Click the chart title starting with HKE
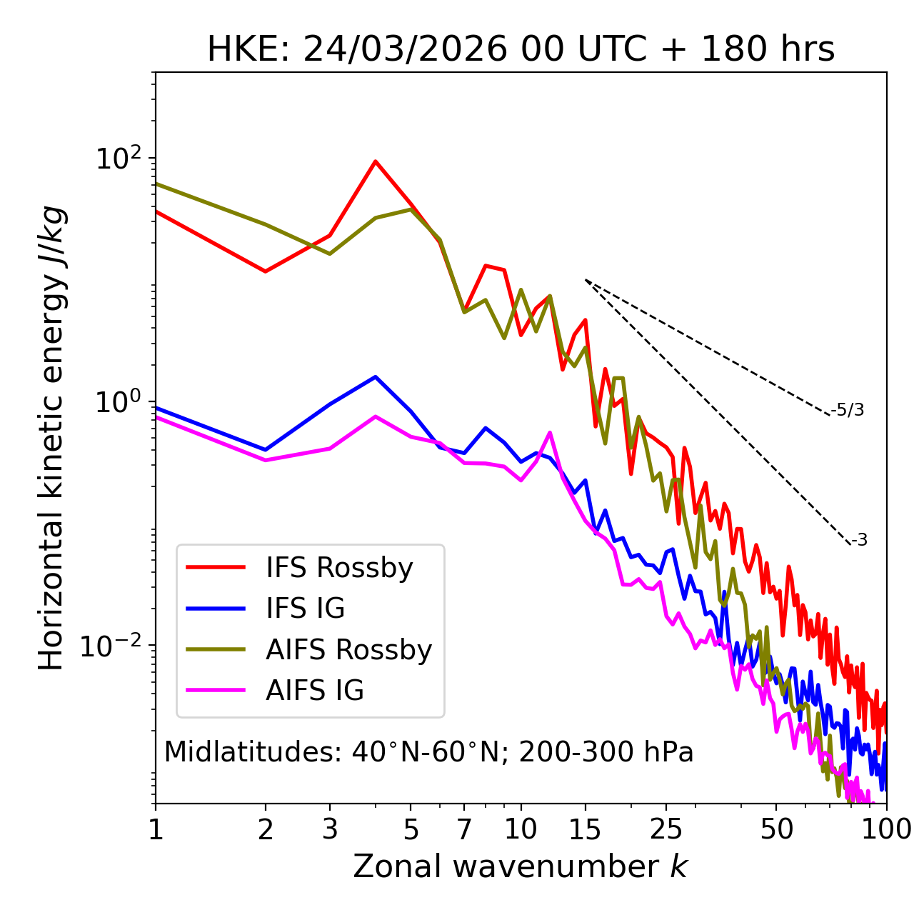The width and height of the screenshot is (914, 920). point(521,50)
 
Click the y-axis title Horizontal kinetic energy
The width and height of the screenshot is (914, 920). point(51,438)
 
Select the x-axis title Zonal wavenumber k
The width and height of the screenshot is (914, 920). point(520,866)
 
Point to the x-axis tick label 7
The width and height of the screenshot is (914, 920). point(464,829)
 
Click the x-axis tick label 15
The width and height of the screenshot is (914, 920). point(585,829)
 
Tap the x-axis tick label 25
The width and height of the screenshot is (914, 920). point(666,829)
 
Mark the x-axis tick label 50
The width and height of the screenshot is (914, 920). point(776,829)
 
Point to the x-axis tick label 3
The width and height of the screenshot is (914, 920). point(329,829)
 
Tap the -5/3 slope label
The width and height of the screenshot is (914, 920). point(848,411)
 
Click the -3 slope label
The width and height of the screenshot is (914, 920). point(858,541)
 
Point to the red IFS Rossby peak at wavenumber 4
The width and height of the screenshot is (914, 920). point(375,161)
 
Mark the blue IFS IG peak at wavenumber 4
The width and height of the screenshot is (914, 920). point(375,377)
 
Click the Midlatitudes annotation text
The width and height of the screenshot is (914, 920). point(428,752)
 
